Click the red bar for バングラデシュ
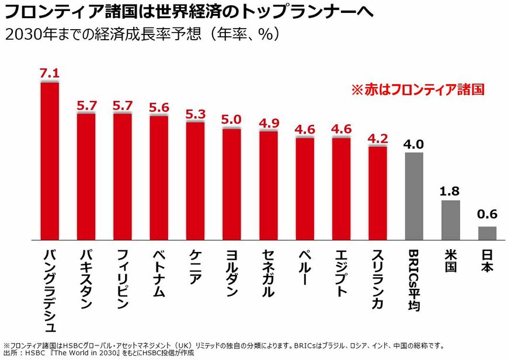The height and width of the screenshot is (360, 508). click(50, 160)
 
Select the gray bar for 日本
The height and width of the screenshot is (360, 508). click(487, 233)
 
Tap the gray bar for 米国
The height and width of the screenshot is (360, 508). click(451, 220)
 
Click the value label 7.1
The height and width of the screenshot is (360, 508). click(50, 73)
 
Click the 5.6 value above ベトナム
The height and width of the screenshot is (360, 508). click(159, 107)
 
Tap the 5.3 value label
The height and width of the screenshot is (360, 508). click(195, 113)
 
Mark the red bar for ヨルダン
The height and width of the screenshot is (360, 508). click(232, 184)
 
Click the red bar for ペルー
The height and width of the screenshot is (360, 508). click(305, 188)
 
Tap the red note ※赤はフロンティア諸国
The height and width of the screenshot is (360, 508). click(417, 90)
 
